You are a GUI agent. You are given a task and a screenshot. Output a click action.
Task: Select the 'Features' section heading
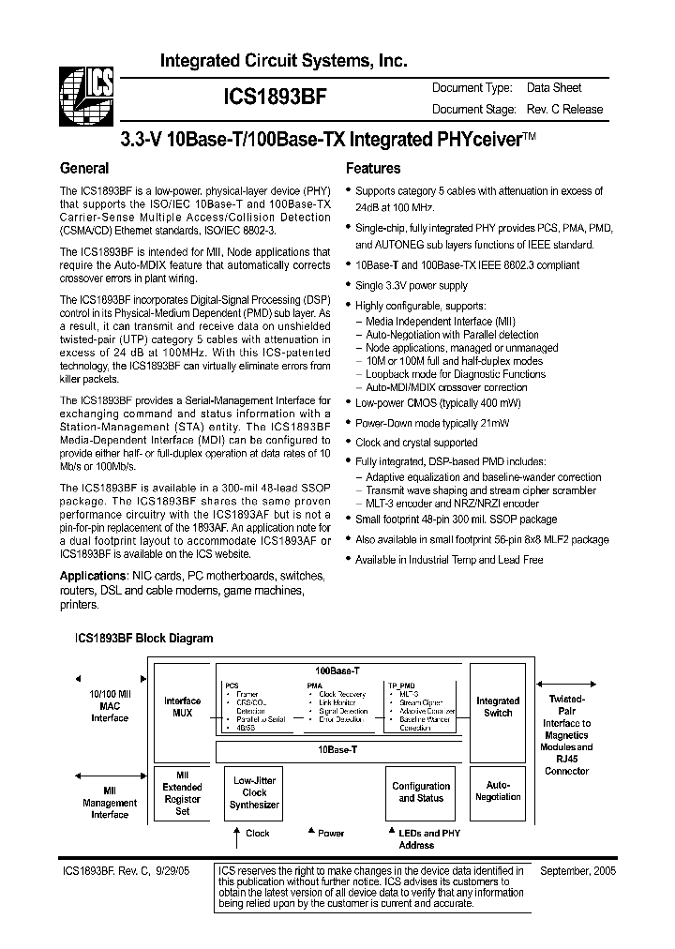[373, 169]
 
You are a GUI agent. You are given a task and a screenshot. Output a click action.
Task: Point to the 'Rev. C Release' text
[564, 110]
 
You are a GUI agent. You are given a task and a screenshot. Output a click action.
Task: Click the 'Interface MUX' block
[183, 707]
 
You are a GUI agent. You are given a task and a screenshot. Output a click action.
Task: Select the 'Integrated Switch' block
[498, 706]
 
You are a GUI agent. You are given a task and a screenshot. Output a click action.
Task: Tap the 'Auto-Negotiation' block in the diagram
[498, 791]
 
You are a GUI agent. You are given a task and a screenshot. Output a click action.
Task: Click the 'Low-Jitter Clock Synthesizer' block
[254, 792]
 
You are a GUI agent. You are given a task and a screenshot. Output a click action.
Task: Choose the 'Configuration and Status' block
[421, 791]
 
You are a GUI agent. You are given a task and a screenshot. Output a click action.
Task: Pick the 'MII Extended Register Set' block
[183, 792]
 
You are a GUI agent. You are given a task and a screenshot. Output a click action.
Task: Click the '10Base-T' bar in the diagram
[337, 750]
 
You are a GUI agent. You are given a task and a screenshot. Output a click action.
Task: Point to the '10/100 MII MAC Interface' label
[110, 705]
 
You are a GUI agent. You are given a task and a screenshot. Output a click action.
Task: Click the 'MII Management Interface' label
[110, 803]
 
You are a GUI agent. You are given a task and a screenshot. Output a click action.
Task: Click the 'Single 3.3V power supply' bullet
[411, 285]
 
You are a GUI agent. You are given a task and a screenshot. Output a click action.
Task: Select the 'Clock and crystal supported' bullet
[416, 442]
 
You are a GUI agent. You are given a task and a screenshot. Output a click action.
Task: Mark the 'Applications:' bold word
[93, 575]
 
